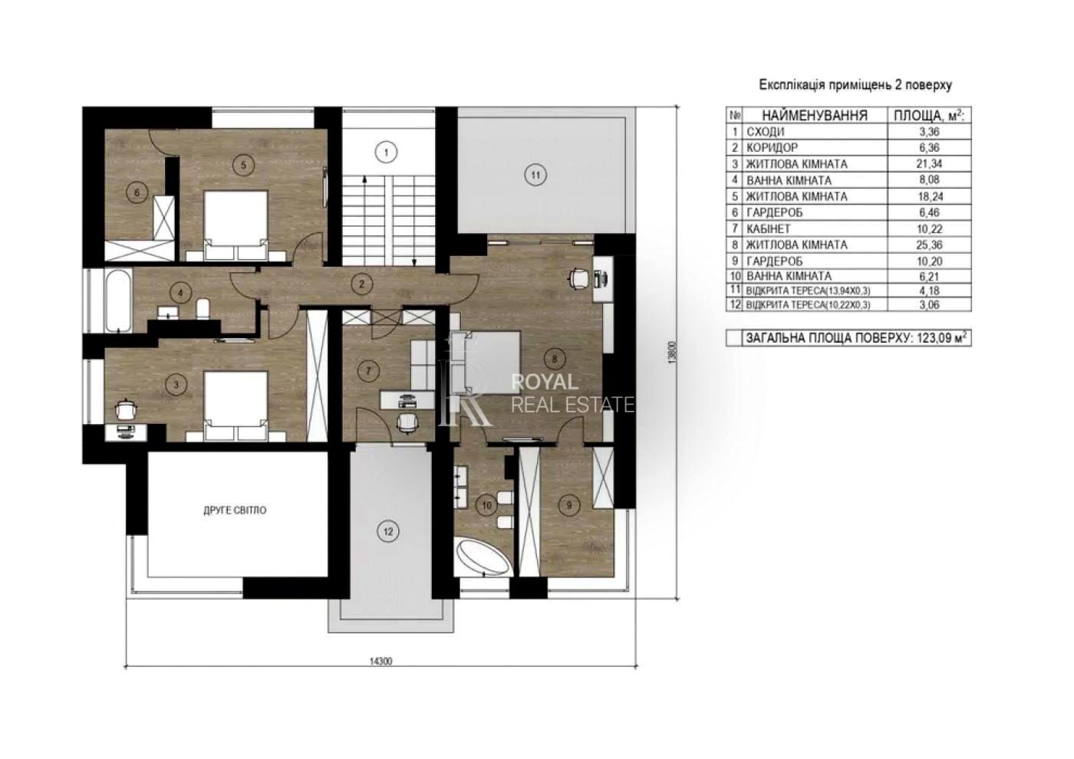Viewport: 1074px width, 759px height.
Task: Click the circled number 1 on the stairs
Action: click(x=386, y=153)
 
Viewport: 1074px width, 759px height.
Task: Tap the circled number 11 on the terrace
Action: click(x=535, y=175)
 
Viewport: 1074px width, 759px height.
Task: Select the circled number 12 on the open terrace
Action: click(x=388, y=531)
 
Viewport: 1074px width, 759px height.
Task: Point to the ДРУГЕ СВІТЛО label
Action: click(x=235, y=511)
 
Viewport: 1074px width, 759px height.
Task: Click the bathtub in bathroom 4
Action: click(x=118, y=301)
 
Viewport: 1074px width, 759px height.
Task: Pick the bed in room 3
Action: click(x=236, y=406)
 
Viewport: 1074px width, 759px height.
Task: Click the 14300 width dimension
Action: click(x=381, y=661)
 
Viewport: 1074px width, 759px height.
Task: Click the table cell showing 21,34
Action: click(x=930, y=164)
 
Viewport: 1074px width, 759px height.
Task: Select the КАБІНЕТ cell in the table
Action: click(x=768, y=228)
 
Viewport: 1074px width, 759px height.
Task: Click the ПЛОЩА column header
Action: click(x=929, y=115)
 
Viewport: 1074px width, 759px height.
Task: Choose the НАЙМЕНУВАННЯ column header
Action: click(x=815, y=116)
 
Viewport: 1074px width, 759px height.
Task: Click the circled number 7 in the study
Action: click(x=368, y=371)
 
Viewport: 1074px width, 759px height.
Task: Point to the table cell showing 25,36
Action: click(x=930, y=245)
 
